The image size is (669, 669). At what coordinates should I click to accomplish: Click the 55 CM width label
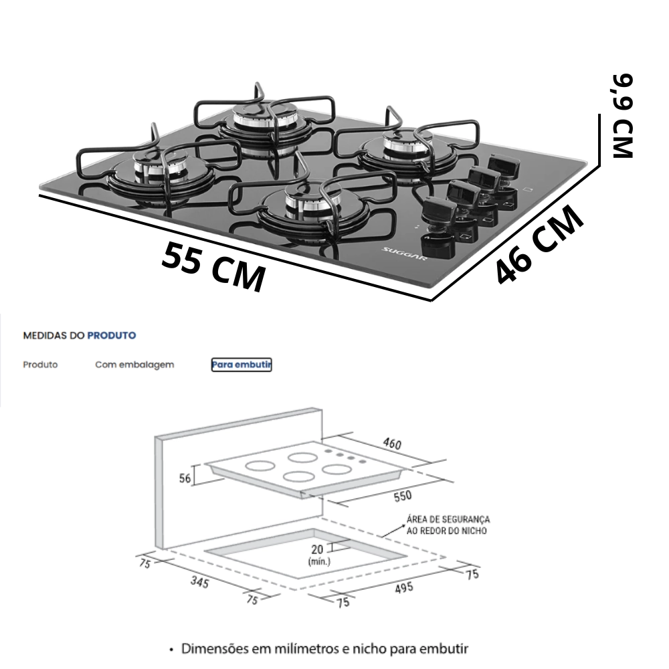[213, 267]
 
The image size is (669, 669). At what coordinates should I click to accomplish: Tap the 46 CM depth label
[539, 244]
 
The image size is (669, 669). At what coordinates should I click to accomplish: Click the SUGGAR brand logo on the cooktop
[403, 256]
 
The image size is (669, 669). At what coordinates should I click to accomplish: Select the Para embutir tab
[242, 365]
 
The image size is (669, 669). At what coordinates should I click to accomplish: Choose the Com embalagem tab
[134, 365]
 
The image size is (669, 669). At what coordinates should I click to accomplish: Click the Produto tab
[40, 365]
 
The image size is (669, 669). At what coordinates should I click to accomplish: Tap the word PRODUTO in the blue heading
[112, 335]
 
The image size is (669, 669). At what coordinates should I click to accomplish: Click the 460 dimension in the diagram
[392, 444]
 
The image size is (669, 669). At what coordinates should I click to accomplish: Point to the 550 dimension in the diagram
[402, 496]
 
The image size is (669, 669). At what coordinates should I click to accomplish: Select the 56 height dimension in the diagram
[185, 478]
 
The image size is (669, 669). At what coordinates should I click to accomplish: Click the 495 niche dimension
[403, 588]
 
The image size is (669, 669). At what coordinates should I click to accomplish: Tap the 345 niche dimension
[199, 582]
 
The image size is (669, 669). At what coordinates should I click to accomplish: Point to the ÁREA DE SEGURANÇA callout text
[448, 525]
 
